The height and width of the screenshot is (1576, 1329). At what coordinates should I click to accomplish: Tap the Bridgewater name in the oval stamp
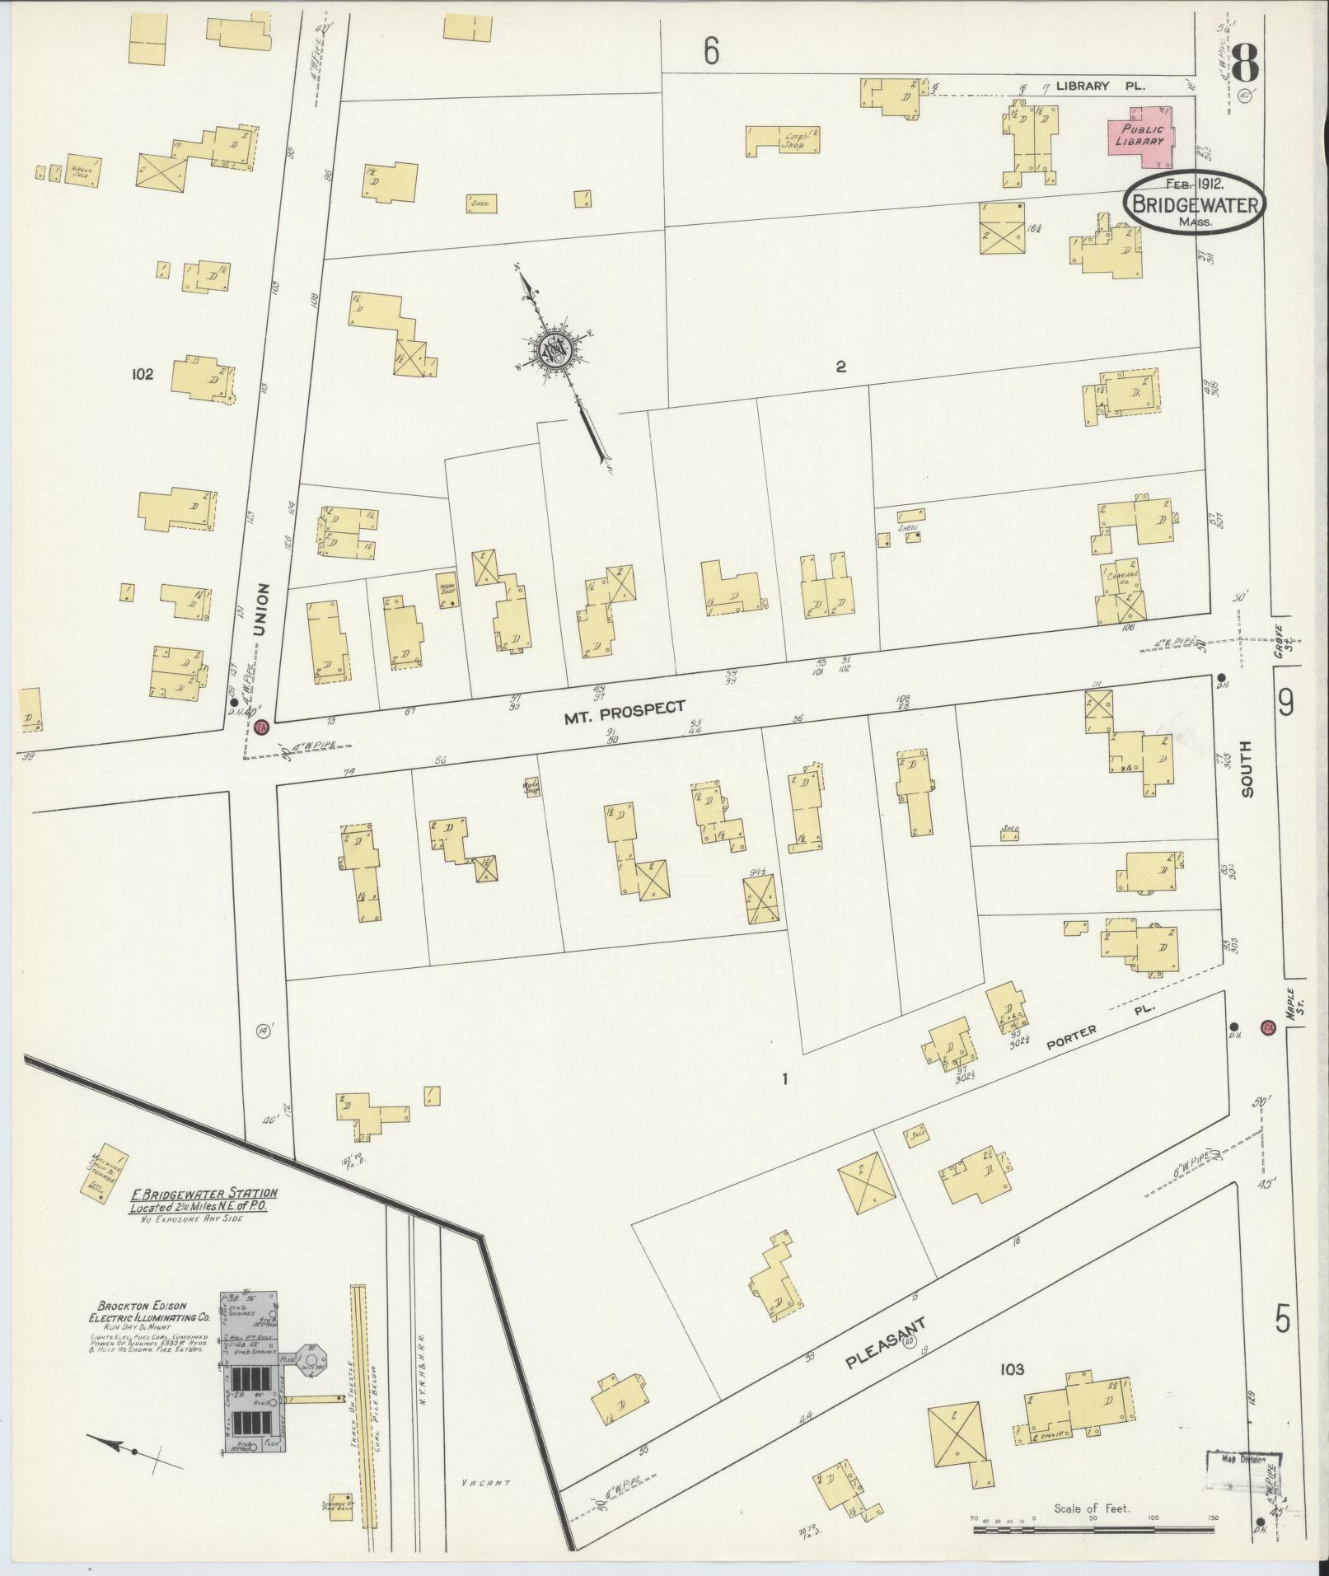1194,203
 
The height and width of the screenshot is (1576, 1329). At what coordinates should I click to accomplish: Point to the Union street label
262,609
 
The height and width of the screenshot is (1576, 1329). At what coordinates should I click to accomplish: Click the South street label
1246,768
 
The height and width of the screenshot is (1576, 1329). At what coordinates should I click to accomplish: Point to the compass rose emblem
554,352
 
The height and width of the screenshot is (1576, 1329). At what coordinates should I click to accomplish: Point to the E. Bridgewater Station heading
202,1193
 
